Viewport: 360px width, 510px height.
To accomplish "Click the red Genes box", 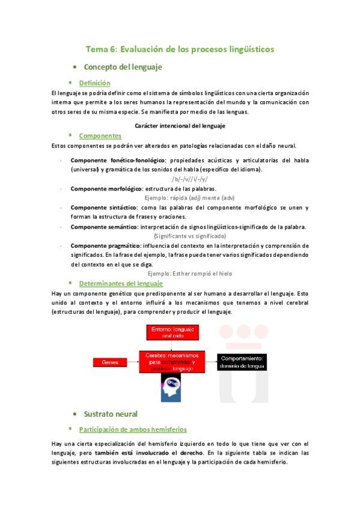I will tap(111, 361).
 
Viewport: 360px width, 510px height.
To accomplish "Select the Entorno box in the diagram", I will tap(172, 333).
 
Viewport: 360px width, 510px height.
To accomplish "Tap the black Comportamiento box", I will tap(240, 361).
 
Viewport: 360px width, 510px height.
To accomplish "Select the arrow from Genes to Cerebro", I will tap(132, 361).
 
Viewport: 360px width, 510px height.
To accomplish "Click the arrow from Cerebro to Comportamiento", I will tap(211, 361).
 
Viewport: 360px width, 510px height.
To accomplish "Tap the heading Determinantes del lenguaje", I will tap(121, 283).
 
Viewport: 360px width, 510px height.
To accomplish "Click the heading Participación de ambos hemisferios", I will tap(133, 429).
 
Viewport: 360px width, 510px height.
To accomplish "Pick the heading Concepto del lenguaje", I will tap(123, 67).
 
